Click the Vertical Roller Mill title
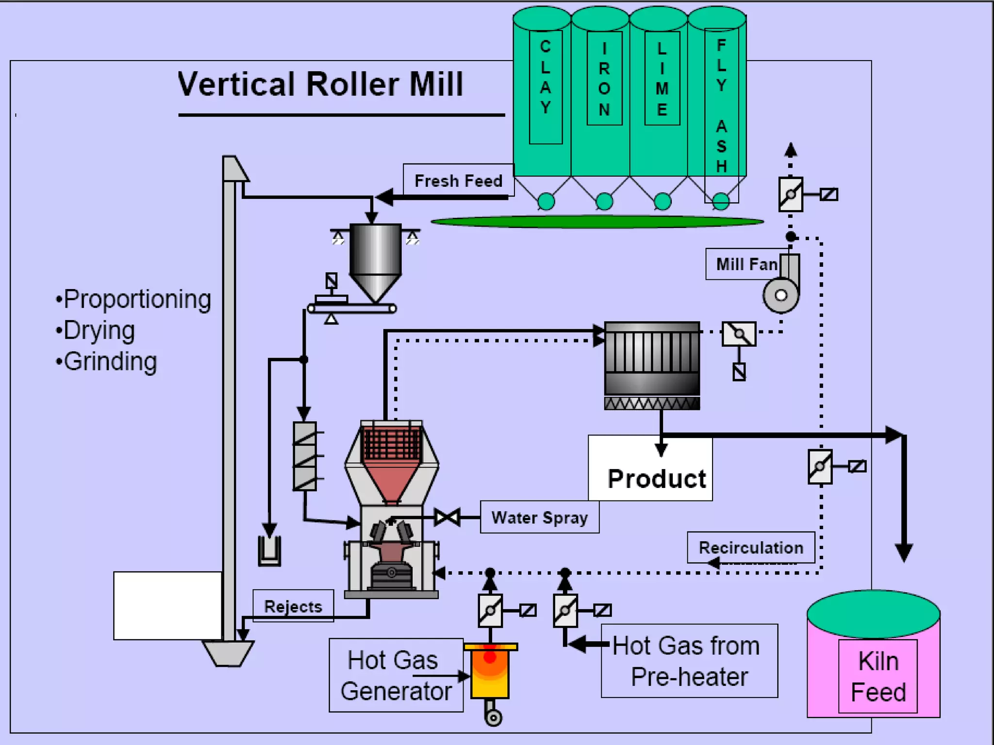pos(320,84)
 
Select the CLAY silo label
pos(546,78)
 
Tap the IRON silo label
pos(604,79)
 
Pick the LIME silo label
pos(662,79)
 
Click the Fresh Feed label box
pos(458,180)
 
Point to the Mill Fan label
pos(746,264)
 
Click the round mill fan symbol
pos(780,295)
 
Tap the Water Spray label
pos(539,518)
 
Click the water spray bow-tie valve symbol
pos(447,518)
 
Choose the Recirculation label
pos(750,548)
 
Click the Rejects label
pos(293,606)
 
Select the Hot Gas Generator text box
pos(396,675)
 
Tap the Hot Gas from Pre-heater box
pos(689,661)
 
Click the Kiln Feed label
pos(878,676)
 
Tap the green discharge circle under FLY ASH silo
pos(721,201)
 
